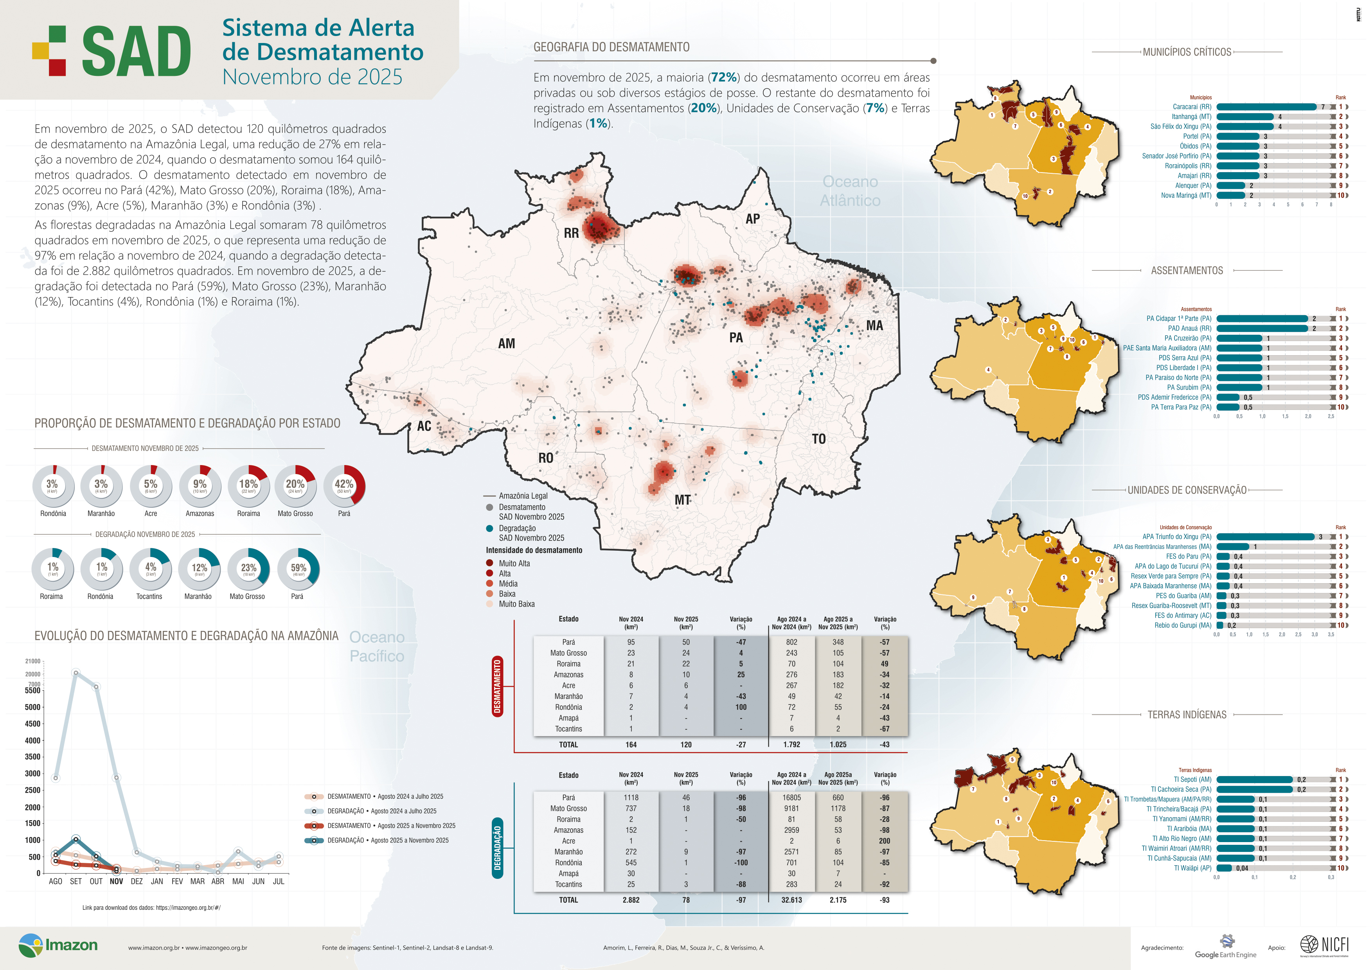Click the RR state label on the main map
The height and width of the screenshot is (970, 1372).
pyautogui.click(x=571, y=233)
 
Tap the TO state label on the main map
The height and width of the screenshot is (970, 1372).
pyautogui.click(x=819, y=439)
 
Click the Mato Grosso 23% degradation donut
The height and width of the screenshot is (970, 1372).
pyautogui.click(x=248, y=569)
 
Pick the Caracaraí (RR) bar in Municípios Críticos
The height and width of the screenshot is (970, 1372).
pyautogui.click(x=1266, y=107)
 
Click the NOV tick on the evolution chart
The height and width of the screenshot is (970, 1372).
pyautogui.click(x=117, y=881)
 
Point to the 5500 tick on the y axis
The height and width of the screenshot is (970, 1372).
pyautogui.click(x=33, y=690)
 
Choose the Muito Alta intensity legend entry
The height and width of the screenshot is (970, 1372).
pyautogui.click(x=514, y=563)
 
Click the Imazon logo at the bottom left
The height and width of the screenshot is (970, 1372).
pyautogui.click(x=58, y=945)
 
